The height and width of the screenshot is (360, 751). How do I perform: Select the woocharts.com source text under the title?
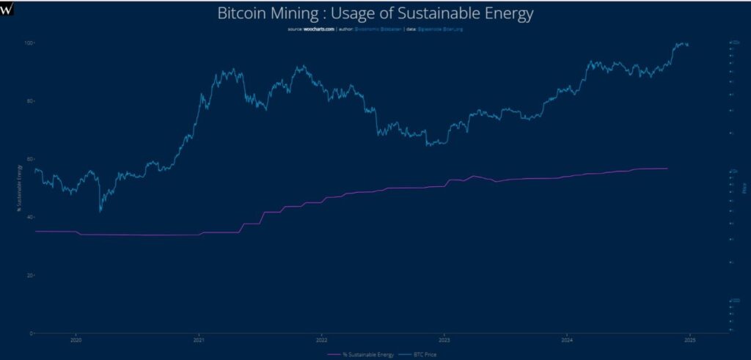click(319, 29)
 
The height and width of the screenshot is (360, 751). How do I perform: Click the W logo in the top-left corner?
click(7, 7)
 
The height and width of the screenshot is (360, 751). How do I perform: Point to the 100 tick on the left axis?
click(29, 43)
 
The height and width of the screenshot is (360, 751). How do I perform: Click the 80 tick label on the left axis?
click(30, 101)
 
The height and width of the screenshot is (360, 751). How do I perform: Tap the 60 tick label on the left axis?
click(30, 159)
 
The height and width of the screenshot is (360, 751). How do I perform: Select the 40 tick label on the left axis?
click(30, 217)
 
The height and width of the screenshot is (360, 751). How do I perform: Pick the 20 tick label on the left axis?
click(30, 275)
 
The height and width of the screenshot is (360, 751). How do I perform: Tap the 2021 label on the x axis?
click(199, 340)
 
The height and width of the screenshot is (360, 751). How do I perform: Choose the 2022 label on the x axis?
click(321, 340)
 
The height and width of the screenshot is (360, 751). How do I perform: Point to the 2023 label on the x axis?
click(444, 340)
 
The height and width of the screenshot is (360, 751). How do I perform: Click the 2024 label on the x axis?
click(566, 340)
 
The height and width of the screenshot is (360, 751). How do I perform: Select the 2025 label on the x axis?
click(689, 340)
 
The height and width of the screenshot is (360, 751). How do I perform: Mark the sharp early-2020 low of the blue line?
click(100, 211)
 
